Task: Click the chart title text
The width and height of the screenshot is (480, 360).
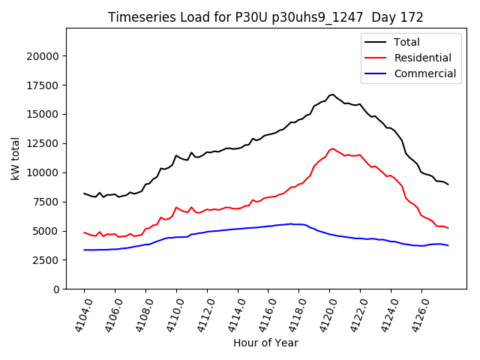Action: point(265,17)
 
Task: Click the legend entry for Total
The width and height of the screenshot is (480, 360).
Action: point(408,42)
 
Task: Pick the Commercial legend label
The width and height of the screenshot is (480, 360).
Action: point(424,73)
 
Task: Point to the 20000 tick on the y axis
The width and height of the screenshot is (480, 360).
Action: point(43,56)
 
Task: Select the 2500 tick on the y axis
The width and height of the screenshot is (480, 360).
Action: point(46,260)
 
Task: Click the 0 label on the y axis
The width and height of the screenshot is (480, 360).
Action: point(56,289)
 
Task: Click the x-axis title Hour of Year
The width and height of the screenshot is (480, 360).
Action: point(265,343)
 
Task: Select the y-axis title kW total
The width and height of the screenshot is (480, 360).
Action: point(15,157)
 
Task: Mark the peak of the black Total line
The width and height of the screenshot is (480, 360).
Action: point(332,94)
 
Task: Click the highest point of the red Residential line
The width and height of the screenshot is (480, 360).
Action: point(332,148)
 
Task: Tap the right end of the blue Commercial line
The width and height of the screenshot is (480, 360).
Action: point(448,245)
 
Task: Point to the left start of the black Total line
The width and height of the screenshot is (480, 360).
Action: point(84,193)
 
